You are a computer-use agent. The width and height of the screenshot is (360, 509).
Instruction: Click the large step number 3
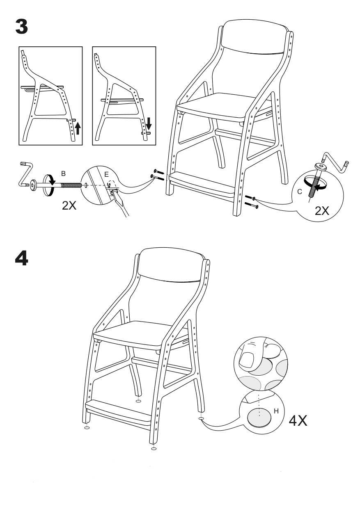tap(22, 27)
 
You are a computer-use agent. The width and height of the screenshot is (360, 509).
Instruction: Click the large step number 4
tap(22, 258)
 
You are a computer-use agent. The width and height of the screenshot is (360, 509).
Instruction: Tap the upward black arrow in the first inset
tap(78, 128)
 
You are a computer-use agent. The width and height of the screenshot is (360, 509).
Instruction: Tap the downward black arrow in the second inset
tap(149, 123)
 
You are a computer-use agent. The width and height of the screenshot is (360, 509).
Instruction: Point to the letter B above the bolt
tap(64, 173)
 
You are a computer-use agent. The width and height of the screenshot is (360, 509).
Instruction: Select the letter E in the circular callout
tap(106, 174)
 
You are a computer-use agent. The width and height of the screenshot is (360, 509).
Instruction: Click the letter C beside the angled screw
tap(300, 192)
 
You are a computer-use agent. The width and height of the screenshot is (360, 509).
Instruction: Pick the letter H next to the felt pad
tap(276, 411)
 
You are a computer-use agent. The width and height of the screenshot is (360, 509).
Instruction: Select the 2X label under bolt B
tap(69, 205)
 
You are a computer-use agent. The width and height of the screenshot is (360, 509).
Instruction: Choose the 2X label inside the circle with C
tap(322, 211)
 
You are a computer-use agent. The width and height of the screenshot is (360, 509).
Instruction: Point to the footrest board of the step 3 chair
tap(202, 185)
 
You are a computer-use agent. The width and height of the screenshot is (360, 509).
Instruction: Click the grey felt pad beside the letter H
tap(259, 418)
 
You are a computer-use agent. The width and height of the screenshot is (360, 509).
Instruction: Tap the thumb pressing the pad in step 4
tap(251, 357)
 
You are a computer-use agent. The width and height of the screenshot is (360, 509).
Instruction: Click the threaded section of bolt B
tap(71, 185)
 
